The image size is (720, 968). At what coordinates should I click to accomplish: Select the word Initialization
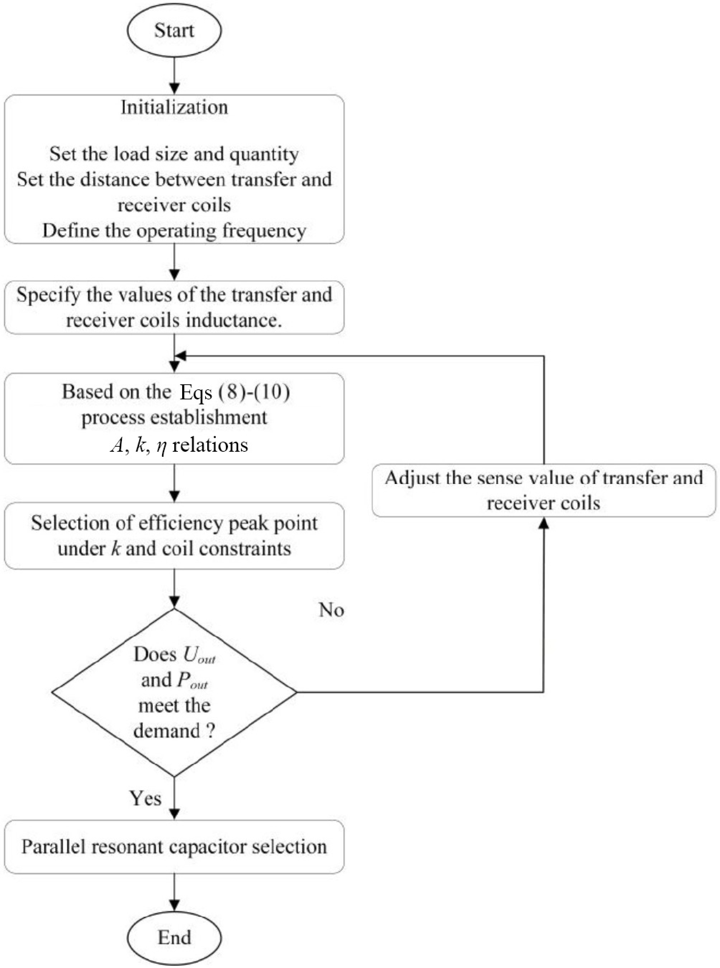(174, 107)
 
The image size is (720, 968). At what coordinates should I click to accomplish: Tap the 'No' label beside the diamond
(331, 610)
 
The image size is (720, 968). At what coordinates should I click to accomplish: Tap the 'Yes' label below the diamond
(146, 798)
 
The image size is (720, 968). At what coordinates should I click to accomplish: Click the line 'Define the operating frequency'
(174, 231)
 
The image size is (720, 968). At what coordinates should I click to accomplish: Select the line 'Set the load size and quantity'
(174, 154)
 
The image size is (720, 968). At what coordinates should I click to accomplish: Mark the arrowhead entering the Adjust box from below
(544, 523)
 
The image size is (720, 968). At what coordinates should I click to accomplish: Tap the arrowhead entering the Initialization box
(174, 89)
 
